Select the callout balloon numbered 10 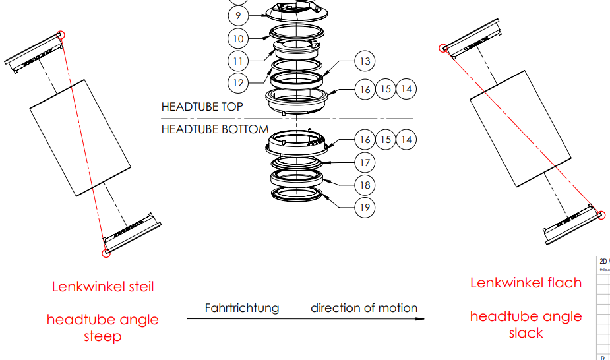point(239,38)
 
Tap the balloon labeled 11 point(238,61)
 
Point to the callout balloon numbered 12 point(238,83)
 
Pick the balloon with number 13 point(364,61)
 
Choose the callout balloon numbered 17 point(364,162)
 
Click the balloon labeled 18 point(364,185)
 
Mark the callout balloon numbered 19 point(364,208)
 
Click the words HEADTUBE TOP point(202,107)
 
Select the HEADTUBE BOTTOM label point(214,129)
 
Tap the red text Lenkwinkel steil point(103,287)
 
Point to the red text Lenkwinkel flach point(526,283)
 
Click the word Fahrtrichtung point(241,308)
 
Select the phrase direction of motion point(364,308)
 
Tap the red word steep point(103,336)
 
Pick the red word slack point(526,333)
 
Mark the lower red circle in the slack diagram point(601,214)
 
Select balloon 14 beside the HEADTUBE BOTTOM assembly point(406,140)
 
